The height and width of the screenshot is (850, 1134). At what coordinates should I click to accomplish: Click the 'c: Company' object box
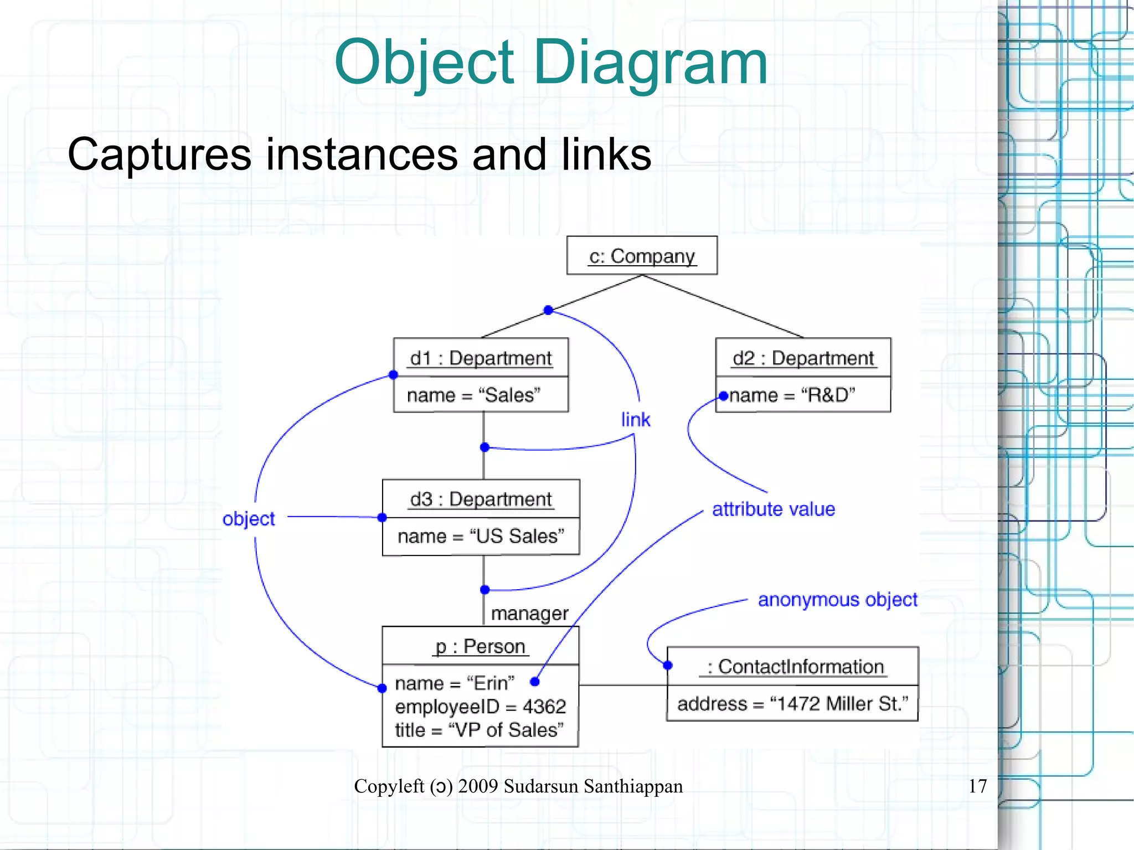642,256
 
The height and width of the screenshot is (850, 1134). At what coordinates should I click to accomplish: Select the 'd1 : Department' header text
481,358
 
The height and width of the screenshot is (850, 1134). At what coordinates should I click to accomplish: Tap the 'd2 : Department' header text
803,358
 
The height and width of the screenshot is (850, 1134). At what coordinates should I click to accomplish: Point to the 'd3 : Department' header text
481,499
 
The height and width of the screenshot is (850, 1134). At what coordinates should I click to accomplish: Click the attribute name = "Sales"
473,395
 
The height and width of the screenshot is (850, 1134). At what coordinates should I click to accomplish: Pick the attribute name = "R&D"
792,395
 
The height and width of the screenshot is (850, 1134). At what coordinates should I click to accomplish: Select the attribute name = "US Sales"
481,536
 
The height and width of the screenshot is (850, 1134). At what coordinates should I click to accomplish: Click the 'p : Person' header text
480,646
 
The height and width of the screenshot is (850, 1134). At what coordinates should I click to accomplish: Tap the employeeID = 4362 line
480,707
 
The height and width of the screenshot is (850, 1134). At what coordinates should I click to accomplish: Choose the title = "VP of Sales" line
479,730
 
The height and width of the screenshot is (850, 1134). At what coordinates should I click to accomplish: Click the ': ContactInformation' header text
795,667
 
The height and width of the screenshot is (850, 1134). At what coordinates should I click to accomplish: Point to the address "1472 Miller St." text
792,704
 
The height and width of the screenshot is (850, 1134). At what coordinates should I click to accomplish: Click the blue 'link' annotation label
635,420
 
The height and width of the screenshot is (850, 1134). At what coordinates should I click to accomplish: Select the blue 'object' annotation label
249,519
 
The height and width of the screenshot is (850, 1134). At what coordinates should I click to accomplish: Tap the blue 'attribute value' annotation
773,509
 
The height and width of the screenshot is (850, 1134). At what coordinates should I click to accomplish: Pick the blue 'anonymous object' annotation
837,600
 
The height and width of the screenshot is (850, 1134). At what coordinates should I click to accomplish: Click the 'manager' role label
529,614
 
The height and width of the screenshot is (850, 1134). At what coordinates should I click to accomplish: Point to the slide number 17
977,786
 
